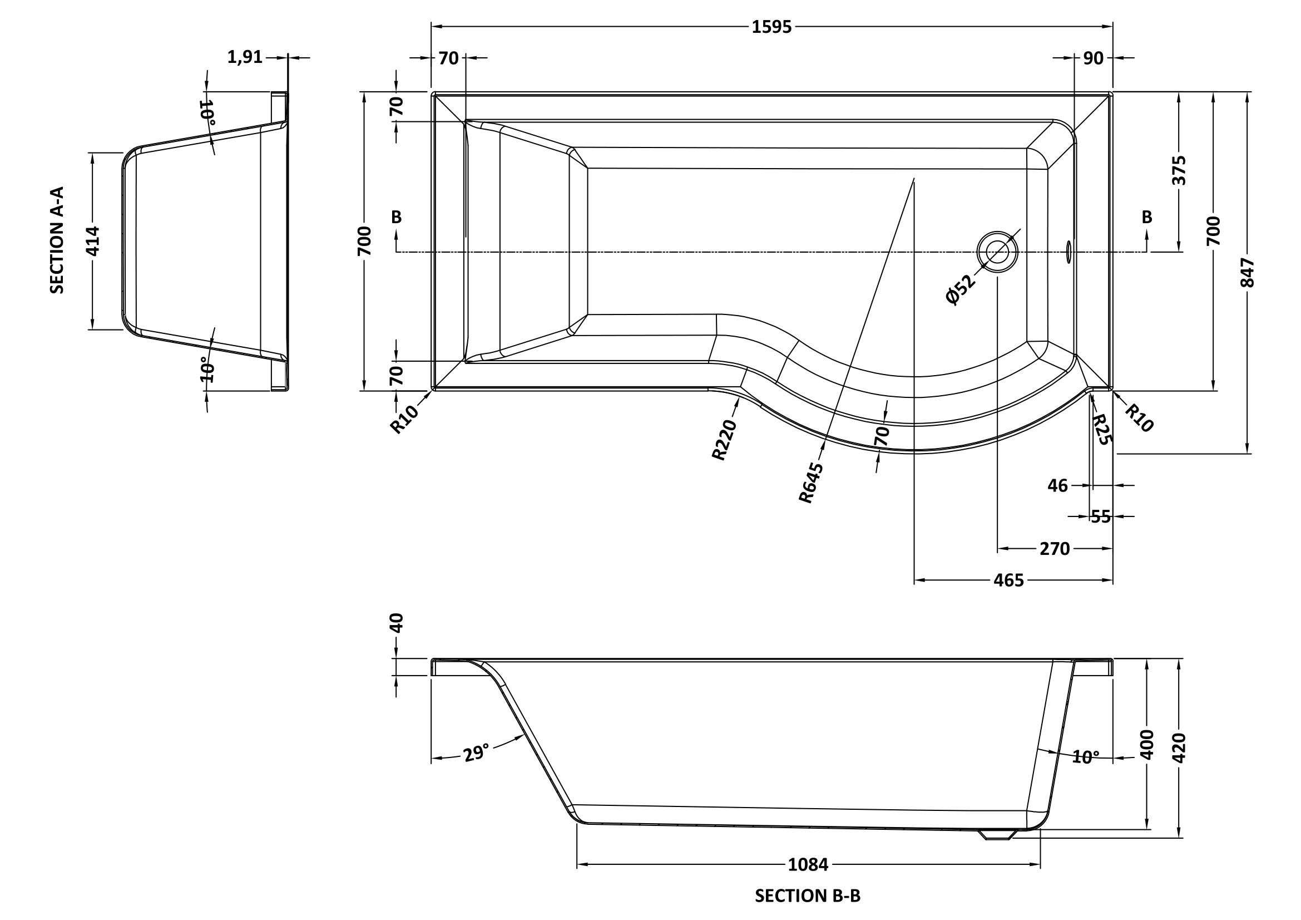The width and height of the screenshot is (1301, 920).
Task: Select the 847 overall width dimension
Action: click(x=1247, y=273)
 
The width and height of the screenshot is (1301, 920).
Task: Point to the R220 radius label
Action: click(x=724, y=440)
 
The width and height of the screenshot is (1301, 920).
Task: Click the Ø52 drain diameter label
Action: click(x=961, y=289)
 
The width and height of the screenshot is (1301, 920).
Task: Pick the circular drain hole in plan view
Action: click(x=997, y=252)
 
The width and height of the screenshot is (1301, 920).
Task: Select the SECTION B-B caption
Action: click(x=808, y=896)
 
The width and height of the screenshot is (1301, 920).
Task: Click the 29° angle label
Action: click(x=476, y=754)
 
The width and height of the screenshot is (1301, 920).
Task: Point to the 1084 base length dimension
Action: click(x=808, y=864)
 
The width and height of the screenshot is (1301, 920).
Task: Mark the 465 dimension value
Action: click(x=1008, y=580)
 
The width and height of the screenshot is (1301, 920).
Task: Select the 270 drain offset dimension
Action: click(x=1055, y=549)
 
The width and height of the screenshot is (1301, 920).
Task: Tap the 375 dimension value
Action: click(x=1179, y=171)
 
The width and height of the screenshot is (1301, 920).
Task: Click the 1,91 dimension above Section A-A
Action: click(x=245, y=57)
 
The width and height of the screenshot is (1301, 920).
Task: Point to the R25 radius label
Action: click(x=1101, y=429)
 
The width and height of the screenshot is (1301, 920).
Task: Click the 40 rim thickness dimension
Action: click(x=397, y=623)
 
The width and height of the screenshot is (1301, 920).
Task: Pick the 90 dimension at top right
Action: click(x=1093, y=58)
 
